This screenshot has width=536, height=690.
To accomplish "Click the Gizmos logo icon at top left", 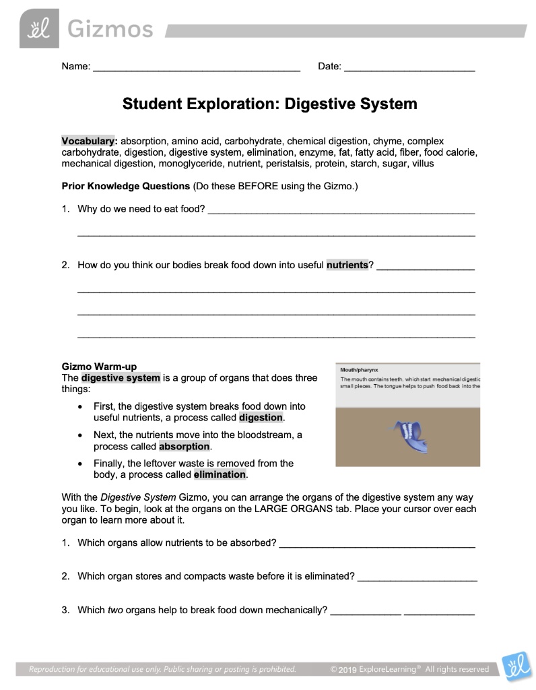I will (x=39, y=29).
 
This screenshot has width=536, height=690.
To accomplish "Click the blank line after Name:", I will (x=196, y=69).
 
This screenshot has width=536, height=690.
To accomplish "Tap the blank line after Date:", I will (x=409, y=69).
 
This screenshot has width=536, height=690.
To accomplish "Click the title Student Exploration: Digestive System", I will (x=269, y=104).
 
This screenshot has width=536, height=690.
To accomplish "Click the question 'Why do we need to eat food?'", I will (x=141, y=209).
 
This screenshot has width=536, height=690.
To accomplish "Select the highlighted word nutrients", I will (x=347, y=265).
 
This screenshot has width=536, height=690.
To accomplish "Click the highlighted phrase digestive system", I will (x=121, y=378).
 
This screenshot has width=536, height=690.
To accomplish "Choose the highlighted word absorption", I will (x=184, y=446).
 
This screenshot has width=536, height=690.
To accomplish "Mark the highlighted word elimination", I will (x=220, y=474).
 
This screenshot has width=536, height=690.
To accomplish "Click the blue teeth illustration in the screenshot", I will (x=409, y=435).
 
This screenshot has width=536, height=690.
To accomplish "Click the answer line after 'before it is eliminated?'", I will (x=417, y=578).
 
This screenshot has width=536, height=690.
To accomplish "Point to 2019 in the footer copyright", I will (x=347, y=669).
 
